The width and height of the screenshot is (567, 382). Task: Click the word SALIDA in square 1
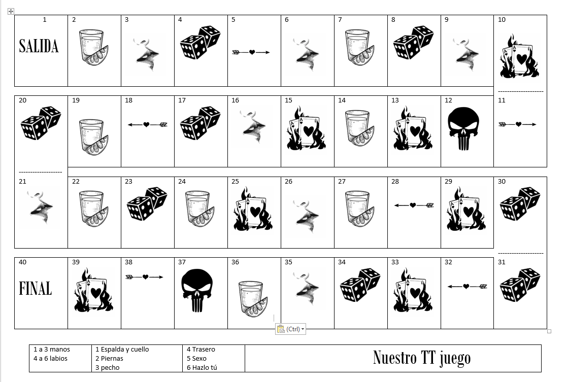39,46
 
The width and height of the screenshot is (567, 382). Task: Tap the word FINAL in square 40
36,288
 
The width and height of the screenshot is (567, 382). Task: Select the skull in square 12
463,129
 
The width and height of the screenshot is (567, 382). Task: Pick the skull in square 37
197,290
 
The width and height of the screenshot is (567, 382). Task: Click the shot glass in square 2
94,47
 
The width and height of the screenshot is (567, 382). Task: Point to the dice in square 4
201,42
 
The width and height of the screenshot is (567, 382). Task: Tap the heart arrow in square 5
251,52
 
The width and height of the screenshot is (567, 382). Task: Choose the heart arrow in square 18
148,125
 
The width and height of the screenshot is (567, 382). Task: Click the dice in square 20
41,123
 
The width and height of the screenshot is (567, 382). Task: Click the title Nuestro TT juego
422,358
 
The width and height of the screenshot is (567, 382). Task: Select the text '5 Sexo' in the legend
197,359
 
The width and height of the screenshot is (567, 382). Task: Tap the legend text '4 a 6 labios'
51,359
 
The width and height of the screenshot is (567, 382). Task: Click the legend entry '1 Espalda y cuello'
122,350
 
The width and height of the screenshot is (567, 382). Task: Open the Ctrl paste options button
290,329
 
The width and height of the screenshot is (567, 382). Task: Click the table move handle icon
11,12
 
